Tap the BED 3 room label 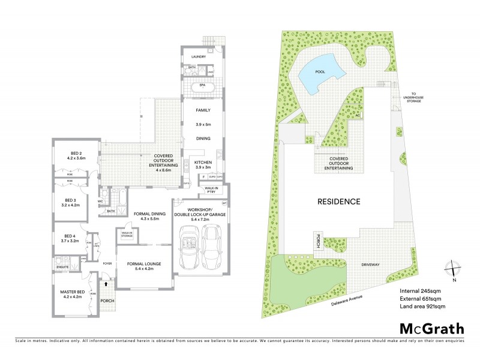[x=71, y=200]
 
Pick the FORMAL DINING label [x=146, y=214]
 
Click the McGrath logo [x=431, y=328]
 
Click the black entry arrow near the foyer [x=106, y=278]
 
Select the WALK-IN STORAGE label [x=127, y=235]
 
